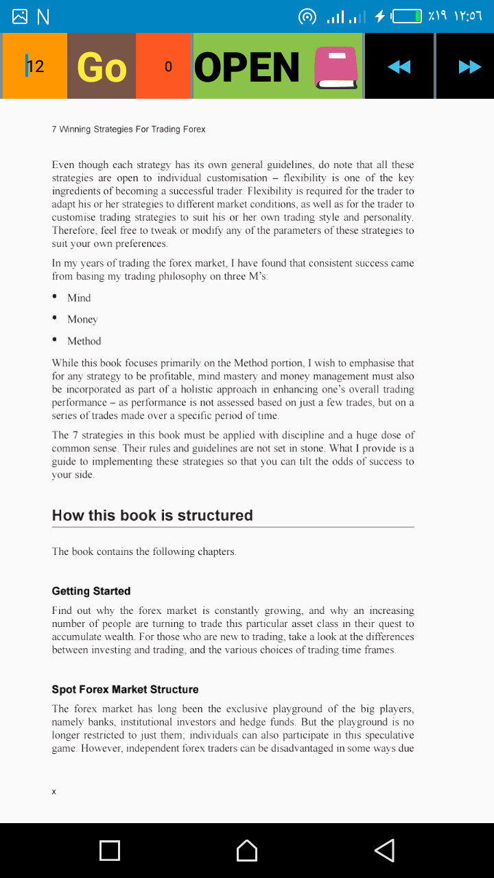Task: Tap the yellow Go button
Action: point(102,67)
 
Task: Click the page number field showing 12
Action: point(34,67)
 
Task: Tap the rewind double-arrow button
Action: point(399,67)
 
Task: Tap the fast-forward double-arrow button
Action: point(469,67)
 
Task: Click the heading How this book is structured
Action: point(152,516)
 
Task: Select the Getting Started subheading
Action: point(91,591)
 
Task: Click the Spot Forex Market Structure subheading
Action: point(125,689)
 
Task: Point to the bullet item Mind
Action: point(79,298)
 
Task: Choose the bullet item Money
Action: point(82,320)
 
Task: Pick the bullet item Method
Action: point(84,341)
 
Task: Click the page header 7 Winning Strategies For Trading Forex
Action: point(128,129)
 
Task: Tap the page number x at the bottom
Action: point(54,792)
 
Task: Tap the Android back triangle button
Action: point(384,851)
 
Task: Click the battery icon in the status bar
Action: point(406,16)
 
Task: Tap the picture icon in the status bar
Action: point(20,16)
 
